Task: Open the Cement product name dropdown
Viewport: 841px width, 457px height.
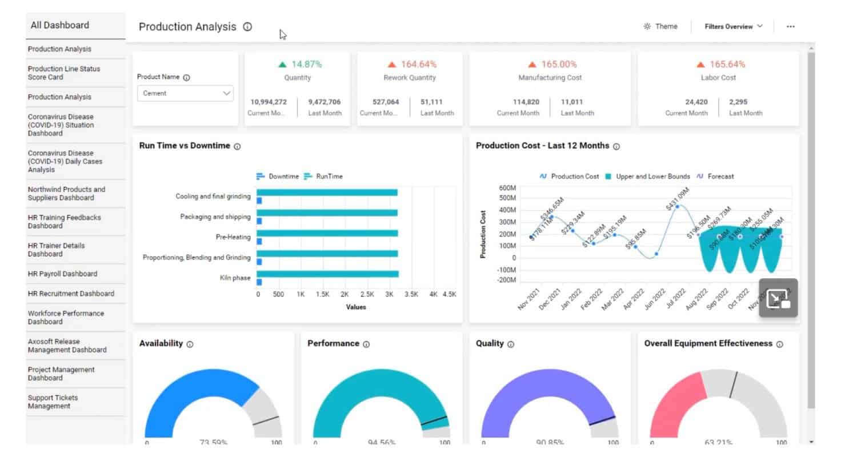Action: click(x=185, y=94)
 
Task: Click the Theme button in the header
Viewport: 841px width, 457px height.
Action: click(x=660, y=26)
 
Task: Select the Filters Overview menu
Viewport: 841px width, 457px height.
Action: click(x=733, y=26)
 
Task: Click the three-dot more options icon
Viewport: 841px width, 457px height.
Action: click(x=790, y=26)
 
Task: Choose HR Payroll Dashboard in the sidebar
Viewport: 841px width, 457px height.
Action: click(x=62, y=274)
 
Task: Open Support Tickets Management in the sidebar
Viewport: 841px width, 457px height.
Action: click(x=53, y=402)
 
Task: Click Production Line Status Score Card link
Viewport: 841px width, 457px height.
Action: click(x=63, y=73)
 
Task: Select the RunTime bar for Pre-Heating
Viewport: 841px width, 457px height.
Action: click(x=327, y=233)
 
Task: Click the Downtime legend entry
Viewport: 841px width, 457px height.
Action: click(x=278, y=177)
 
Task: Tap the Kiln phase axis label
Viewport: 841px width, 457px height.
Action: click(x=235, y=278)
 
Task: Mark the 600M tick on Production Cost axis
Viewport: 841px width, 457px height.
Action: click(x=507, y=188)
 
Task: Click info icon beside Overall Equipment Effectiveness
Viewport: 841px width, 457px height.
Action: click(x=779, y=344)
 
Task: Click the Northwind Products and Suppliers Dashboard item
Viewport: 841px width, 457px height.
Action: click(x=66, y=194)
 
